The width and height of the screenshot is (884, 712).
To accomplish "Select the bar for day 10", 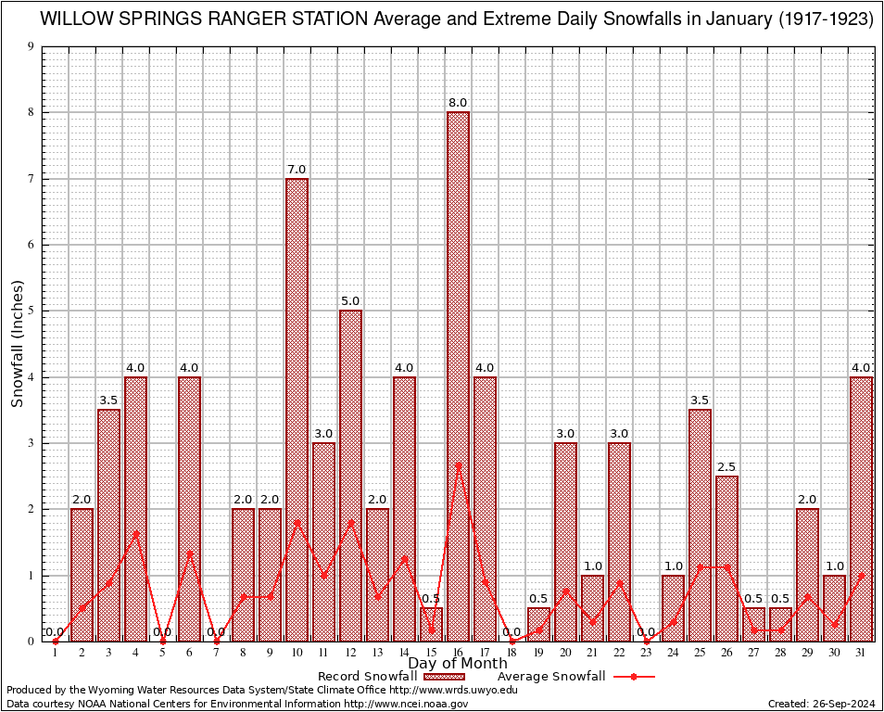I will point(297,408).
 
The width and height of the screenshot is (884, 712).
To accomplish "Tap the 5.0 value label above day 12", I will point(350,301).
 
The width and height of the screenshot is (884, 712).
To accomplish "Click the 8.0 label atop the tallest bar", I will point(458,103).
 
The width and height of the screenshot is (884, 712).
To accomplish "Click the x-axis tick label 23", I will point(646,653).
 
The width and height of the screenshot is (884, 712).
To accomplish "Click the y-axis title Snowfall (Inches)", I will point(17,344).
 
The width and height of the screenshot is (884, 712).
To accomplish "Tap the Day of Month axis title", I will point(458,663).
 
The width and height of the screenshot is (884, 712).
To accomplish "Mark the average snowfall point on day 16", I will point(458,464).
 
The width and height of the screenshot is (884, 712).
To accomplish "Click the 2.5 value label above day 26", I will point(726,467).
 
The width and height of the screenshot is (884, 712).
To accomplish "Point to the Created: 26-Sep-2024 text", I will point(821,704).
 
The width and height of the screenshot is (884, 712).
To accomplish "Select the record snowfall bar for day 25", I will point(700,525).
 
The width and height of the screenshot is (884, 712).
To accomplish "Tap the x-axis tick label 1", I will point(56,653).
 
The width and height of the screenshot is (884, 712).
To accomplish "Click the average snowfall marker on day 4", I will point(135,533).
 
